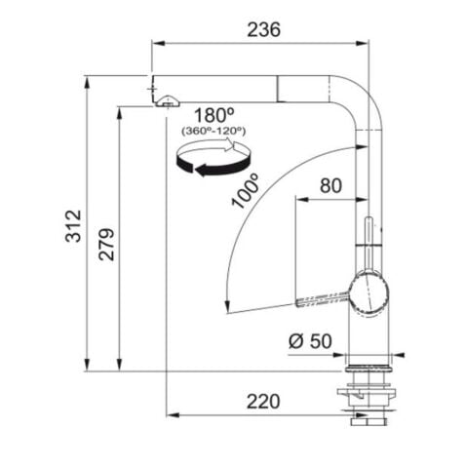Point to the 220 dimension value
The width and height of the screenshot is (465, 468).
pyautogui.click(x=262, y=400)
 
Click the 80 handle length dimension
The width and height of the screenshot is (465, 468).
pyautogui.click(x=331, y=185)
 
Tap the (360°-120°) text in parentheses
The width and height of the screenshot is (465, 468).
pyautogui.click(x=213, y=129)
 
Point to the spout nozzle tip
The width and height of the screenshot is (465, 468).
pyautogui.click(x=167, y=98)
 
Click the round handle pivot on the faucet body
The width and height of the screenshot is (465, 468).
pyautogui.click(x=368, y=292)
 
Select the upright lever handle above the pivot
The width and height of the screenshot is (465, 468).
pyautogui.click(x=368, y=239)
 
